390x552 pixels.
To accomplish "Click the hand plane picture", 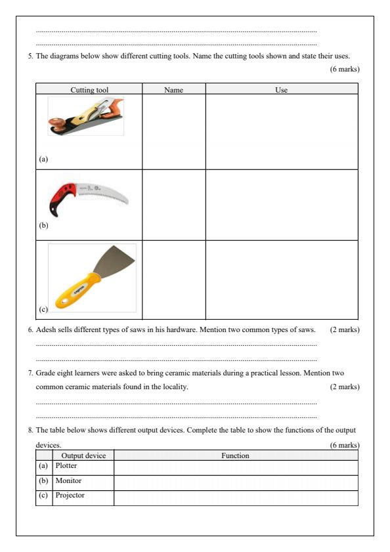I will (86, 116).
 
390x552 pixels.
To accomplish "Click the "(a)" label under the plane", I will (43, 158).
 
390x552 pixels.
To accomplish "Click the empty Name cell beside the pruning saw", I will (173, 204).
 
